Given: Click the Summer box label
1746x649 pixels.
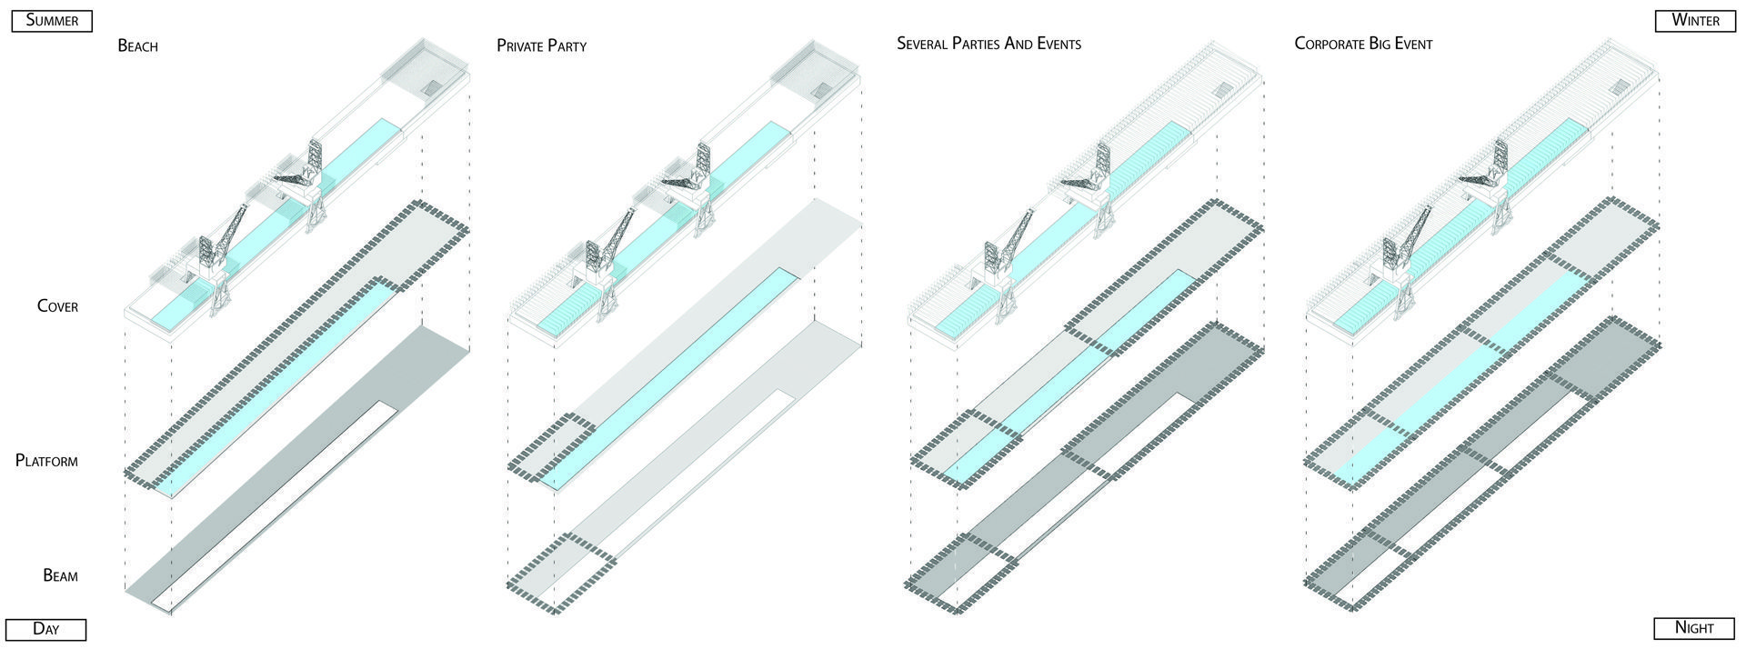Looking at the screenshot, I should point(52,20).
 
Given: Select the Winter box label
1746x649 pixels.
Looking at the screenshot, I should point(1695,20).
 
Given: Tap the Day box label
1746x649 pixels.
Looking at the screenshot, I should point(45,628).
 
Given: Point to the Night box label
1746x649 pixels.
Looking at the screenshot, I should point(1694,627).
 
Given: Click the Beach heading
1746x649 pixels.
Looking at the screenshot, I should point(137,45).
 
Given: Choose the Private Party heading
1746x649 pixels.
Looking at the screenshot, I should point(541,45).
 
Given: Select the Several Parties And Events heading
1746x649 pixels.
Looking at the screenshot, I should point(988,44).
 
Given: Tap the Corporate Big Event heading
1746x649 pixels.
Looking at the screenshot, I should point(1363,44).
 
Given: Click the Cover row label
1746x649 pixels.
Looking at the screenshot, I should point(57,306).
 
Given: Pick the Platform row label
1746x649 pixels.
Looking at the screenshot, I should point(46,461).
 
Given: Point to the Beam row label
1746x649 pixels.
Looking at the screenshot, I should point(60,575).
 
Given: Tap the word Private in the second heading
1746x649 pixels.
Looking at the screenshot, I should point(518,45).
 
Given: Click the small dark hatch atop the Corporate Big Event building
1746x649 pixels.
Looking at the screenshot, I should point(1620,86).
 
